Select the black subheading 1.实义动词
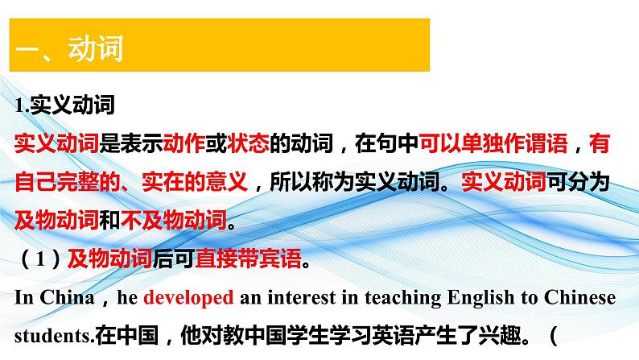point(65,105)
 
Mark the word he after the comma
point(128,297)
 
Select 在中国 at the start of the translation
point(120,333)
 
